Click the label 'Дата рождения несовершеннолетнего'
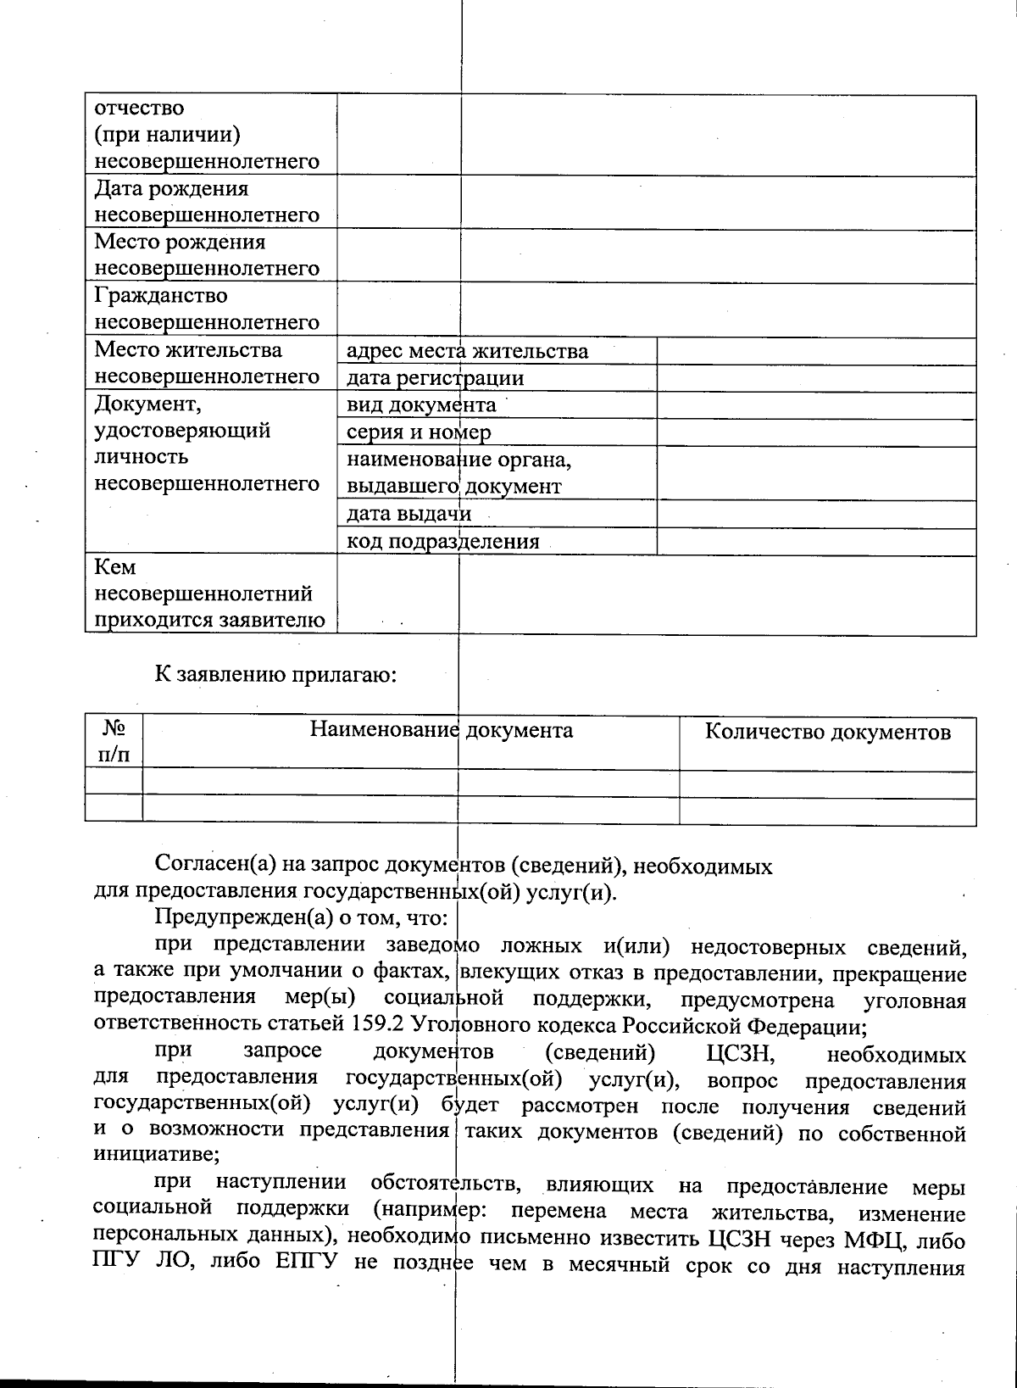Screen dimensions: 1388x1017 pos(206,202)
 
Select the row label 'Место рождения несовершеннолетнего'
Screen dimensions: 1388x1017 pos(206,255)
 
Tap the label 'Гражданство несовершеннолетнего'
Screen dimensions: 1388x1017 pos(206,309)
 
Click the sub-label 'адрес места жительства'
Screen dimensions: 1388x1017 pos(467,351)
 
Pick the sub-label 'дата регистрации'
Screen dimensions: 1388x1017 pos(435,378)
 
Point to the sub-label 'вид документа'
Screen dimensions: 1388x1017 pos(421,405)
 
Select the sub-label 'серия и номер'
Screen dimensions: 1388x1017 pos(419,432)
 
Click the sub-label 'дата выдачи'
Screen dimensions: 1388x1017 pos(408,514)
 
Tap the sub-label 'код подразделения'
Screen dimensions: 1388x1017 pos(442,541)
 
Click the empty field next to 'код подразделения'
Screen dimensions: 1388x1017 pos(815,541)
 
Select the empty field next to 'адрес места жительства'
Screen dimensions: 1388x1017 pos(815,351)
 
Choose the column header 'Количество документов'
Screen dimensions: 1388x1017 pos(827,732)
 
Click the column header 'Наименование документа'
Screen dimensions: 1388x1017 pos(441,730)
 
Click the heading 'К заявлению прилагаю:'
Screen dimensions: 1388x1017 pos(275,675)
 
